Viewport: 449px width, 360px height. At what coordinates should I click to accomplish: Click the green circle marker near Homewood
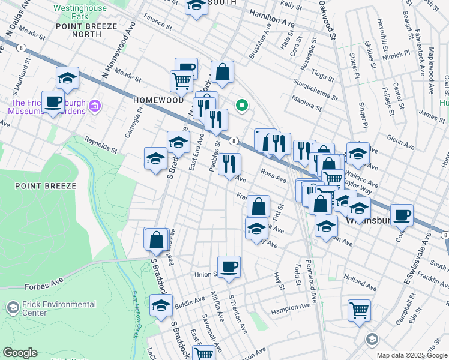242,106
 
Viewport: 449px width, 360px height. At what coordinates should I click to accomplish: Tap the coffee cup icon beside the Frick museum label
53,101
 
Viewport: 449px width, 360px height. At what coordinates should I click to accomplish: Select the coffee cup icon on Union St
228,266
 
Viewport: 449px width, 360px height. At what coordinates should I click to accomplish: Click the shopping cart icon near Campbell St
359,311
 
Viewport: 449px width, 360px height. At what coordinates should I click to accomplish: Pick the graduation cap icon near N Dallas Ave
68,77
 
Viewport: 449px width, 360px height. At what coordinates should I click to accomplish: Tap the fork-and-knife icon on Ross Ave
229,164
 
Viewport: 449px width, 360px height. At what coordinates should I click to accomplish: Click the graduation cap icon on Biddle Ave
161,305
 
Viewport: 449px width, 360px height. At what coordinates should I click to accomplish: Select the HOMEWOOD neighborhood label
158,100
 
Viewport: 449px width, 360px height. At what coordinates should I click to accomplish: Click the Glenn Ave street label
402,140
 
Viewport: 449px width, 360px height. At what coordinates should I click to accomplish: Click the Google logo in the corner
20,353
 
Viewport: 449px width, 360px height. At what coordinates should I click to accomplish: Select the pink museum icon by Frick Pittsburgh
94,107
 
